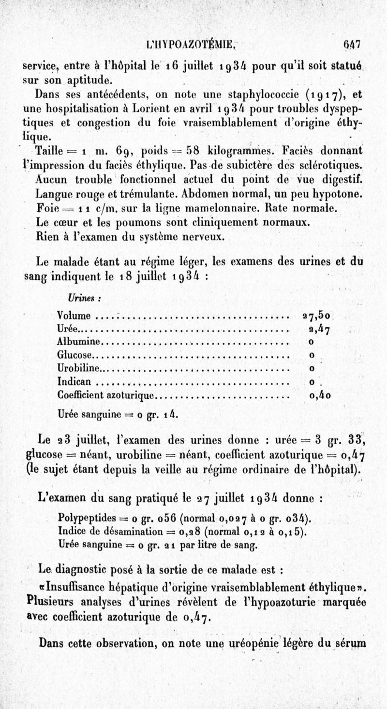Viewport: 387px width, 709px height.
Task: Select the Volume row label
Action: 74,317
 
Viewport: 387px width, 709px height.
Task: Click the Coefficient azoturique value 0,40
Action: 320,395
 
